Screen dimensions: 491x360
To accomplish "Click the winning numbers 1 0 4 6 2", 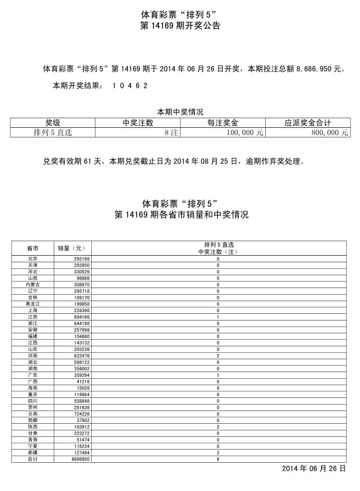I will coord(130,86).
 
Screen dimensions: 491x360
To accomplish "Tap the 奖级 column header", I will coord(52,122).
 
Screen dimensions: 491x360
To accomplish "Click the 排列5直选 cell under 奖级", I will coord(52,133).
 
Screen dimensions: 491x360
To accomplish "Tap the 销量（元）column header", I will coord(71,247).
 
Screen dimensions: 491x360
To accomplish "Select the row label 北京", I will coord(32,259).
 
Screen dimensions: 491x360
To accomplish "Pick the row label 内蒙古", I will coord(32,284).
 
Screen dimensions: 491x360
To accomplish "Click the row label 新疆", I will coord(32,453).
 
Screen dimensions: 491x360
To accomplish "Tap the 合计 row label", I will coord(32,460).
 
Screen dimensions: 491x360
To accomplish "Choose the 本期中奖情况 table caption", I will coord(180,112).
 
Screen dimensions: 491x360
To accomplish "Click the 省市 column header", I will coord(32,247).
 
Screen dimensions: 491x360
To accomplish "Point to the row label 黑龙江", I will coord(32,304).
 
